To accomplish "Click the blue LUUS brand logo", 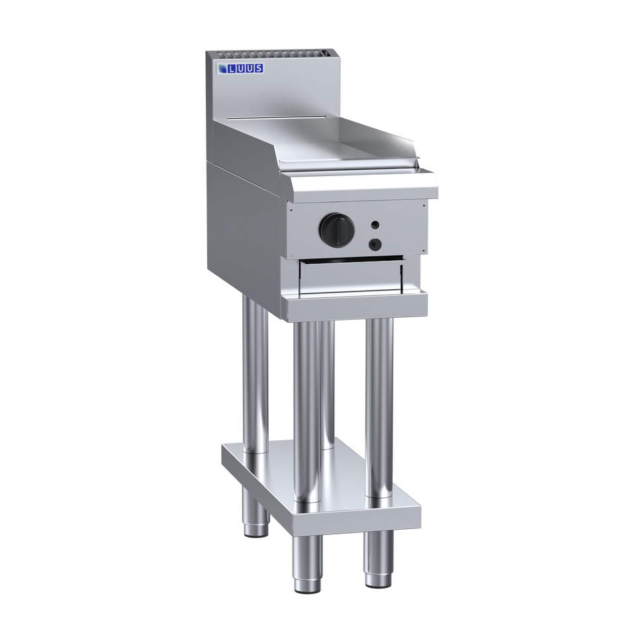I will click(x=242, y=68).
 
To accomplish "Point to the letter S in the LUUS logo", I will click(x=259, y=68).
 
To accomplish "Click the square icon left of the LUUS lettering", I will click(x=224, y=68).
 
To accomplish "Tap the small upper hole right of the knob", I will click(x=375, y=225).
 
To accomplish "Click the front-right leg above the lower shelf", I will click(x=379, y=404).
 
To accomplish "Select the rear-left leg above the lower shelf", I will click(x=252, y=371).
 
